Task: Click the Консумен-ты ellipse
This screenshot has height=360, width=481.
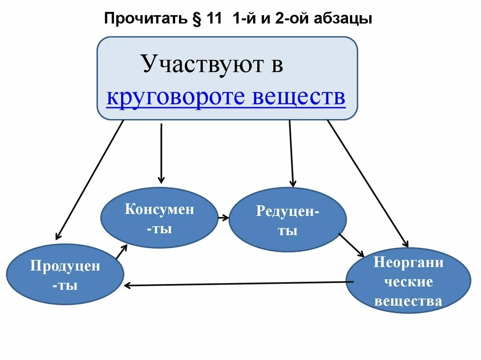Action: pos(159,218)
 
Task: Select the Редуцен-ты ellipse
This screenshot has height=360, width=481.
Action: pos(287,220)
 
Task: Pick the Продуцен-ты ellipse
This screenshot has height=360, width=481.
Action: pos(65,275)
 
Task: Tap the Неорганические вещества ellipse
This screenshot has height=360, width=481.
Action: pos(408,281)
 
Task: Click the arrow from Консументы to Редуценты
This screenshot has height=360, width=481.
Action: pos(223,218)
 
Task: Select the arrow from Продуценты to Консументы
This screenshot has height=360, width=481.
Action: pos(121,252)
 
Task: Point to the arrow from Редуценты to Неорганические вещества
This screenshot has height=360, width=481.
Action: pos(351,245)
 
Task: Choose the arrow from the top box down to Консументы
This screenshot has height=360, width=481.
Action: pos(161,153)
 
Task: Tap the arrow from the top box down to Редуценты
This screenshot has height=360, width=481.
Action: pos(291,153)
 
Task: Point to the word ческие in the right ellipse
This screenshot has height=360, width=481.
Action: pos(408,282)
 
